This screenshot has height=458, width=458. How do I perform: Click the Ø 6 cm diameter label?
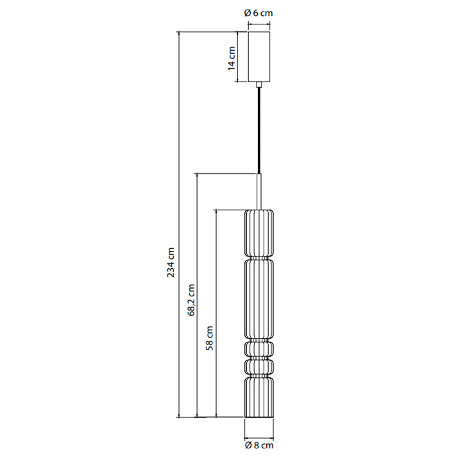click(259, 13)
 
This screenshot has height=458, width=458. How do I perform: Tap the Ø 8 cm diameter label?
click(259, 445)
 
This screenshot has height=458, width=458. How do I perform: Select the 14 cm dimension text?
click(232, 58)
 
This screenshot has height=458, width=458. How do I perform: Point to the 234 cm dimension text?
click(171, 262)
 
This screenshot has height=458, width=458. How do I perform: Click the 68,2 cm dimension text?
click(191, 300)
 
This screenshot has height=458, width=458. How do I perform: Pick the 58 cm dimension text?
click(209, 338)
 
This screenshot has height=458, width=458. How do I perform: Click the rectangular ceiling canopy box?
click(259, 56)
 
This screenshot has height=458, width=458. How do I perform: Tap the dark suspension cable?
click(259, 131)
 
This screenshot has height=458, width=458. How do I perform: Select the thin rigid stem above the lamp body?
click(259, 192)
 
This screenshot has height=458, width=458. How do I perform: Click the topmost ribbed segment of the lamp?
click(259, 233)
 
